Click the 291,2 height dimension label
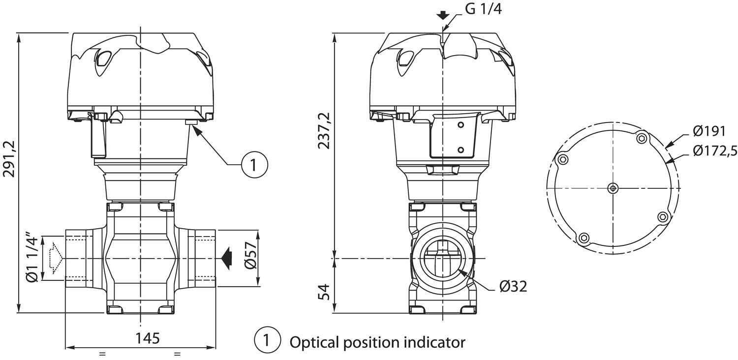click(9, 159)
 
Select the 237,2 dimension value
click(324, 131)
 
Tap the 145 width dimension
click(148, 338)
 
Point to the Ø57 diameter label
click(251, 255)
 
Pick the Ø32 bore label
click(513, 287)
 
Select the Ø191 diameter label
click(708, 131)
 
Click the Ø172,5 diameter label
click(715, 150)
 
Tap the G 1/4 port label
click(483, 9)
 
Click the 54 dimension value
click(325, 292)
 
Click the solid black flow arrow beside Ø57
click(227, 259)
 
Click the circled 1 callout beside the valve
click(254, 165)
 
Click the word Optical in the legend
click(315, 343)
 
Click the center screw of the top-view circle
click(613, 188)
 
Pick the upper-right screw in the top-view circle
click(641, 138)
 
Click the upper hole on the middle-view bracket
click(461, 125)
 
